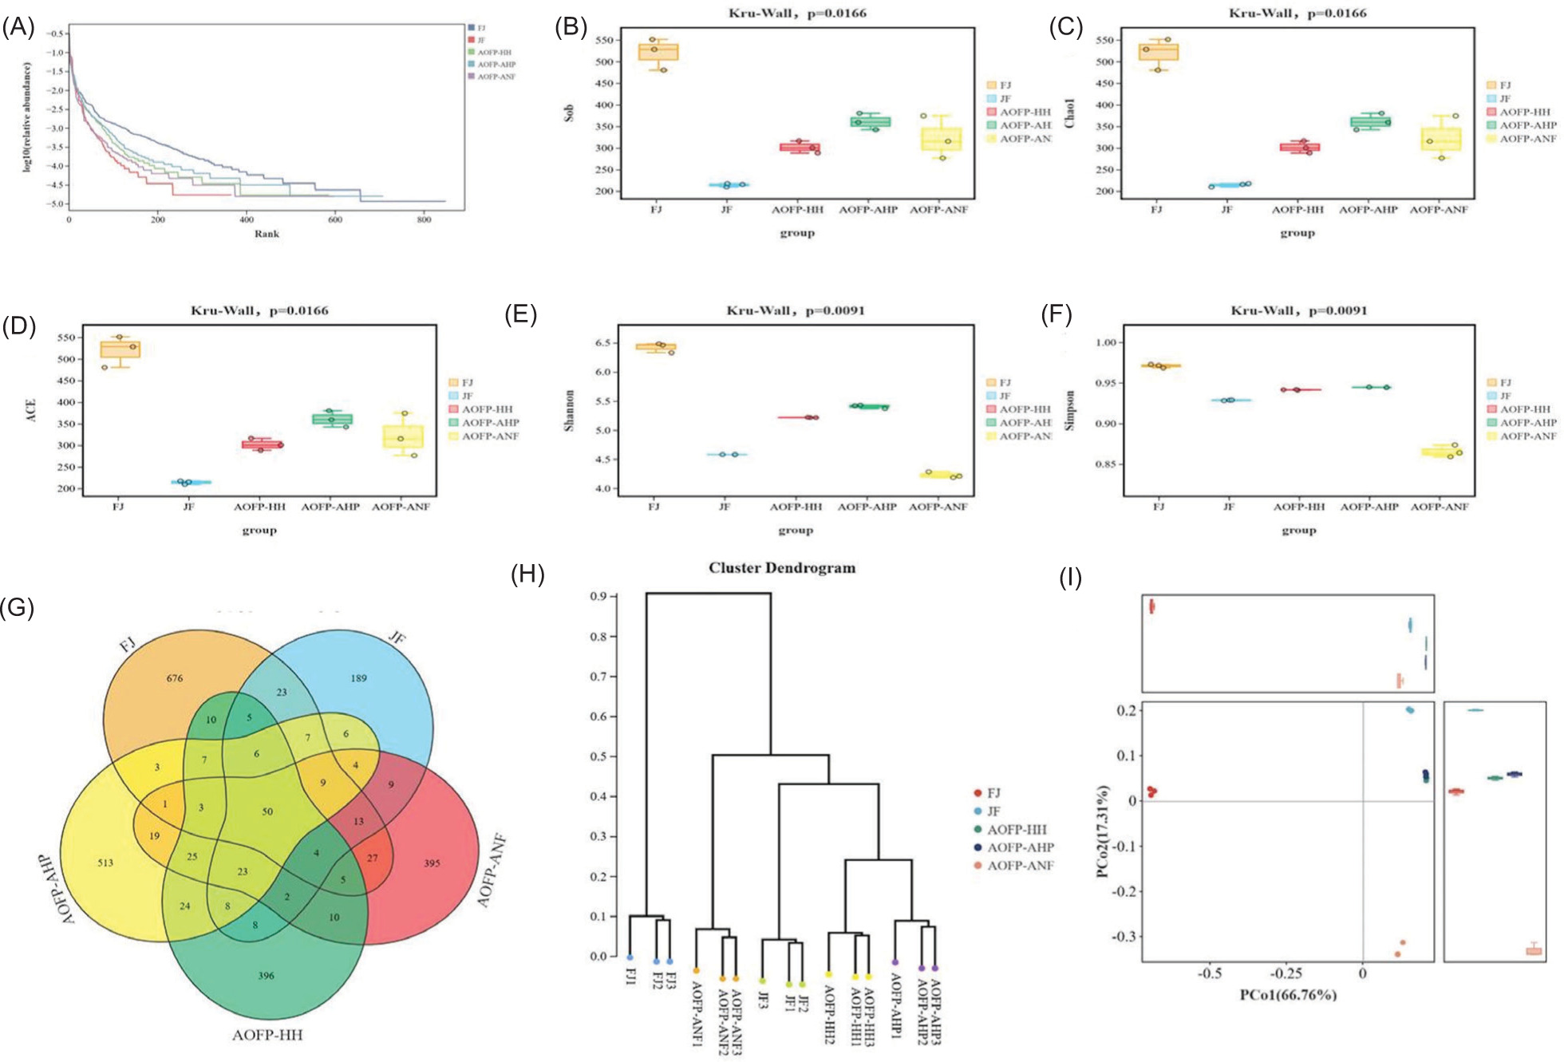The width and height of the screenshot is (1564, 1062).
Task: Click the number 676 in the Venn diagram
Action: click(x=175, y=678)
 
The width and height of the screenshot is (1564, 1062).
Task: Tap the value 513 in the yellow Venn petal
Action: click(x=105, y=863)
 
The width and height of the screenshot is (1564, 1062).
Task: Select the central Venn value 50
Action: click(x=267, y=811)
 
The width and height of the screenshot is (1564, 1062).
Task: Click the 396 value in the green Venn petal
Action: click(x=266, y=975)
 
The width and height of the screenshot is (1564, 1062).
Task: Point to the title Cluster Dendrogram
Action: click(x=782, y=568)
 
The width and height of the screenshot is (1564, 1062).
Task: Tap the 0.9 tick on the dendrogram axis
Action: click(x=598, y=597)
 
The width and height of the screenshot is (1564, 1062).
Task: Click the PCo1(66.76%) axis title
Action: click(x=1287, y=995)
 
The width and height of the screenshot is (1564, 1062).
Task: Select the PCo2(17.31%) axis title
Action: click(x=1104, y=831)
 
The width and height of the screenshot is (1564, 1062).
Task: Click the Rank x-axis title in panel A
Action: click(x=267, y=234)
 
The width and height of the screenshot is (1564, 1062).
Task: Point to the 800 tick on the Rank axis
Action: click(x=424, y=219)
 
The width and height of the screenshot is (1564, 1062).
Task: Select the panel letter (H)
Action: click(x=527, y=574)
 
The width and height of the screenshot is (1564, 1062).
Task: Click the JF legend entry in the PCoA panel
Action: click(x=993, y=811)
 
